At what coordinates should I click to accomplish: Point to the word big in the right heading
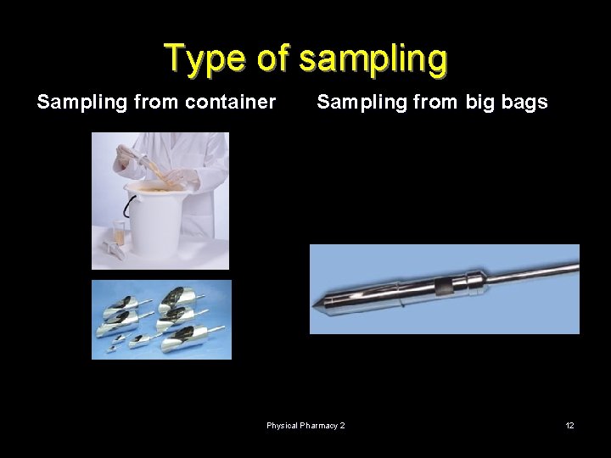(x=479, y=103)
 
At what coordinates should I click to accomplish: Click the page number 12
(x=569, y=425)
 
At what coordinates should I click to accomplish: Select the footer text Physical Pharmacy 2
(x=305, y=425)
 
